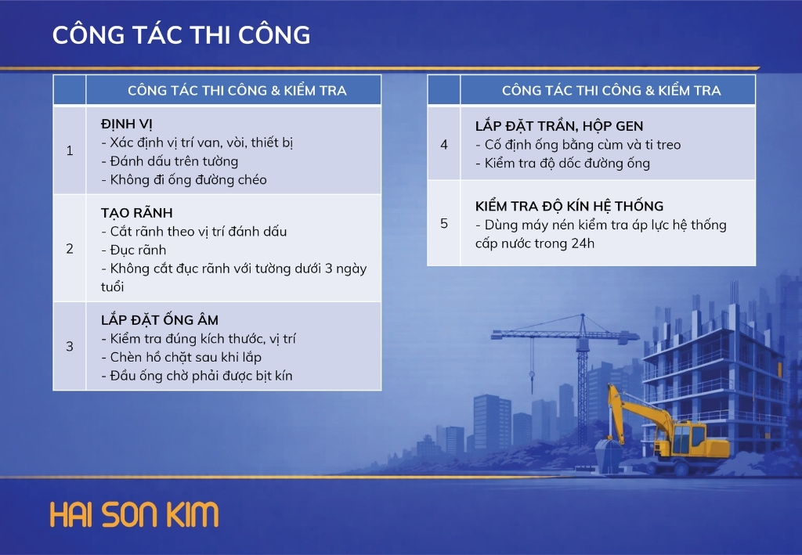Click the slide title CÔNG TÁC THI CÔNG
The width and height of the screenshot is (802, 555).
181,34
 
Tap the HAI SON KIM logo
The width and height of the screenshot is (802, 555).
135,514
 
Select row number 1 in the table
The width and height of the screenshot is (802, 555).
70,150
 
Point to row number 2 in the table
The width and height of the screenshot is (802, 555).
70,248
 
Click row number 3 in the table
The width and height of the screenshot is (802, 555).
70,347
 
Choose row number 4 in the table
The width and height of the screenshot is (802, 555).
444,145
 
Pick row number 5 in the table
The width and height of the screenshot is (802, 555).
444,223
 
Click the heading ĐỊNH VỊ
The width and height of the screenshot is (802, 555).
126,124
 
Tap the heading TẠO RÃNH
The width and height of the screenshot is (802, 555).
136,213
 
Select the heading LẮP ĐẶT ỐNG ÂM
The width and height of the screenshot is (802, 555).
160,320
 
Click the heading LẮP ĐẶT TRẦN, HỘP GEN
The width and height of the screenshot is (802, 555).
559,126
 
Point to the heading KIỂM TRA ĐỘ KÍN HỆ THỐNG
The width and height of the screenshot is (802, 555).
569,205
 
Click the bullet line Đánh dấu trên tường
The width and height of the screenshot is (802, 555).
170,161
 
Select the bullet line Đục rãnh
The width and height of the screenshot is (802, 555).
133,250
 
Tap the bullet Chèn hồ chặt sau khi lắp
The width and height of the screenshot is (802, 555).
181,357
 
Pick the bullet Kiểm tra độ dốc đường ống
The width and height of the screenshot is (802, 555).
562,163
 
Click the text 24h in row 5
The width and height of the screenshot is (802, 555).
583,243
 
